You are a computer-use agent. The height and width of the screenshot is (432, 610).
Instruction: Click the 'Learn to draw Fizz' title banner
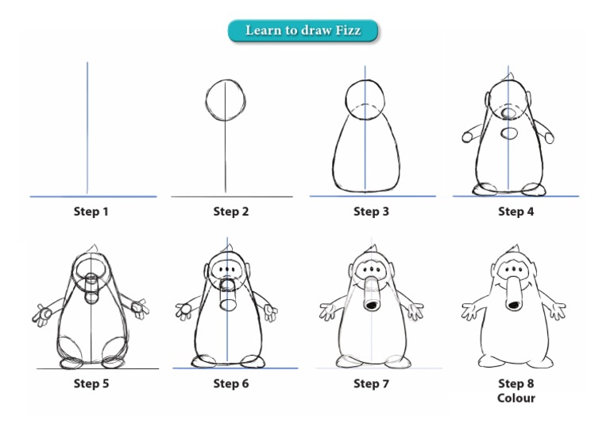coord(303,30)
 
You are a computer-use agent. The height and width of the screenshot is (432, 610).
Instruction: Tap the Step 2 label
coord(230,212)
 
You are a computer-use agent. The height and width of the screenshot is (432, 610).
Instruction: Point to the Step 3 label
coord(371,212)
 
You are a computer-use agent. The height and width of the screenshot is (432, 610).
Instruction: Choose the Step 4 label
coord(515,212)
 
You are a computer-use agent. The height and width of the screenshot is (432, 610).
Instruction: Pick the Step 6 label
coord(230,384)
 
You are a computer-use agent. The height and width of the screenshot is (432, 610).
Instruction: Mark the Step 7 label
coord(371,384)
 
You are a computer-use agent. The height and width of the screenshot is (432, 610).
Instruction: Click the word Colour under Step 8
coord(515,397)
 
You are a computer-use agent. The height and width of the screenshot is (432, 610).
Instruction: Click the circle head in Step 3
coord(365,99)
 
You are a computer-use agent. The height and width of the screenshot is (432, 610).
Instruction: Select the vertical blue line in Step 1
coord(87,127)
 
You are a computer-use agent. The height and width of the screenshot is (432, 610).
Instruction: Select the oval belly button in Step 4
coord(510,131)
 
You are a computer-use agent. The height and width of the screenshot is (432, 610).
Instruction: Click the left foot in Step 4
coord(484,189)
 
